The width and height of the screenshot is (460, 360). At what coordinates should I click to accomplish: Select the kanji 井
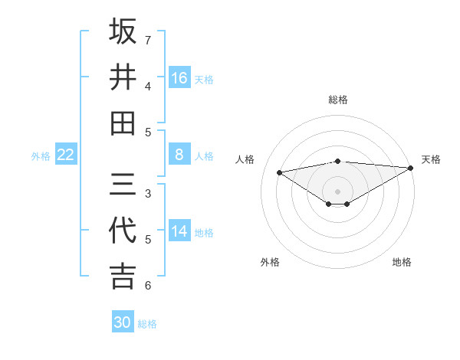[123, 77]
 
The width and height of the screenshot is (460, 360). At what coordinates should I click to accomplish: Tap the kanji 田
[123, 123]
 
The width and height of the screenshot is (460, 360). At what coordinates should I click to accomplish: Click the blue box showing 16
[179, 78]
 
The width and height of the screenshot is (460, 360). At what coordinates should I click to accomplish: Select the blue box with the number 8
[179, 155]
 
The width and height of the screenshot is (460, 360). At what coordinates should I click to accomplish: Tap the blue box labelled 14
[179, 231]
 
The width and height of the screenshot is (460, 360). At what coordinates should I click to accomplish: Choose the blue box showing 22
[66, 155]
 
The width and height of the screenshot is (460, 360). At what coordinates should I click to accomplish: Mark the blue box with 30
[123, 322]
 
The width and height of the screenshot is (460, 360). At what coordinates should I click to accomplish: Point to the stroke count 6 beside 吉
[147, 286]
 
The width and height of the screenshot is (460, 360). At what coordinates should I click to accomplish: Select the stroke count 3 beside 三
[147, 193]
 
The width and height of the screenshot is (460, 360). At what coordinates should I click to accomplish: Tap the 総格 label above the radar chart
[337, 100]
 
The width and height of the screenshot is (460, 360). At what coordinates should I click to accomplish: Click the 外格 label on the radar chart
[270, 262]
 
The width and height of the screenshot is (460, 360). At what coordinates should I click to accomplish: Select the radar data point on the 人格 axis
[279, 172]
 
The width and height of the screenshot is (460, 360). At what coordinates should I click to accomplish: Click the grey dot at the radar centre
[337, 191]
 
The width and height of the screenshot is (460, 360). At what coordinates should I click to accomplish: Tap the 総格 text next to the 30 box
[147, 324]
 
